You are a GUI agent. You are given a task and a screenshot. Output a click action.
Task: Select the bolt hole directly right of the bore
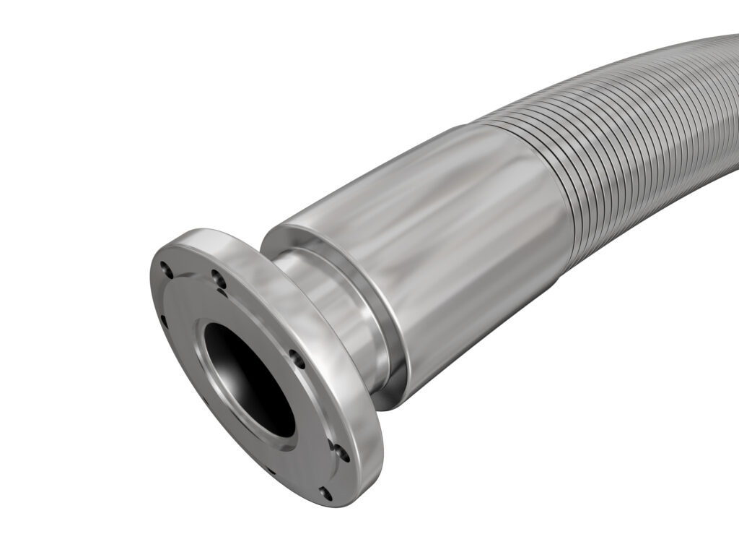click(x=293, y=356)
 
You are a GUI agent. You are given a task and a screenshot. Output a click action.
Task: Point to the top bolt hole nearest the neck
click(x=214, y=275)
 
